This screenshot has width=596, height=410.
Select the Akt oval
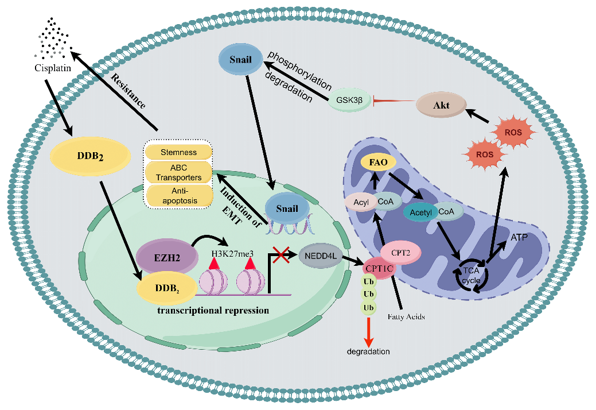click(x=442, y=106)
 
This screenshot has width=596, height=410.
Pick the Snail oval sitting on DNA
click(x=287, y=208)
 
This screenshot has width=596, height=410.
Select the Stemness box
click(x=178, y=152)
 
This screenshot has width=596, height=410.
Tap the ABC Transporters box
click(x=178, y=173)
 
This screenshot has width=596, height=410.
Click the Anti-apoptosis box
click(x=178, y=195)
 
